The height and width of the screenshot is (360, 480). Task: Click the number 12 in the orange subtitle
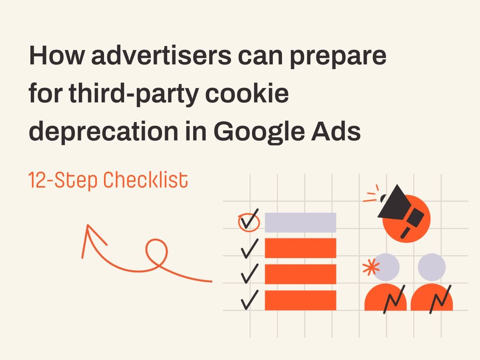coord(37,181)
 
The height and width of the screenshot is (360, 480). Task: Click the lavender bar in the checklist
coord(300,222)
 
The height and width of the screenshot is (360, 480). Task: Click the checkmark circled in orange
coord(249,221)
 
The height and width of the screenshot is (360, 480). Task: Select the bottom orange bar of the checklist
coord(300,300)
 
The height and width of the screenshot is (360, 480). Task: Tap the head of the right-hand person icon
coord(432,266)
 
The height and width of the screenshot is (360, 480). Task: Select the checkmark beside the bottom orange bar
coord(250,300)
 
